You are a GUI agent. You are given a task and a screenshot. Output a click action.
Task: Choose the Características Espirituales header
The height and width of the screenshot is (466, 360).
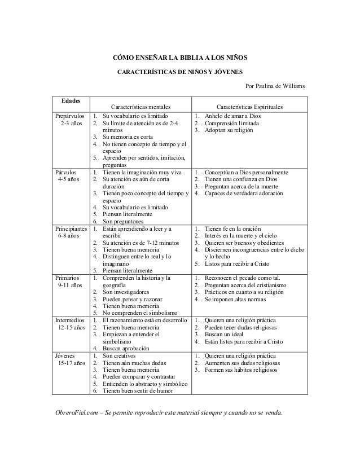pos(250,106)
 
